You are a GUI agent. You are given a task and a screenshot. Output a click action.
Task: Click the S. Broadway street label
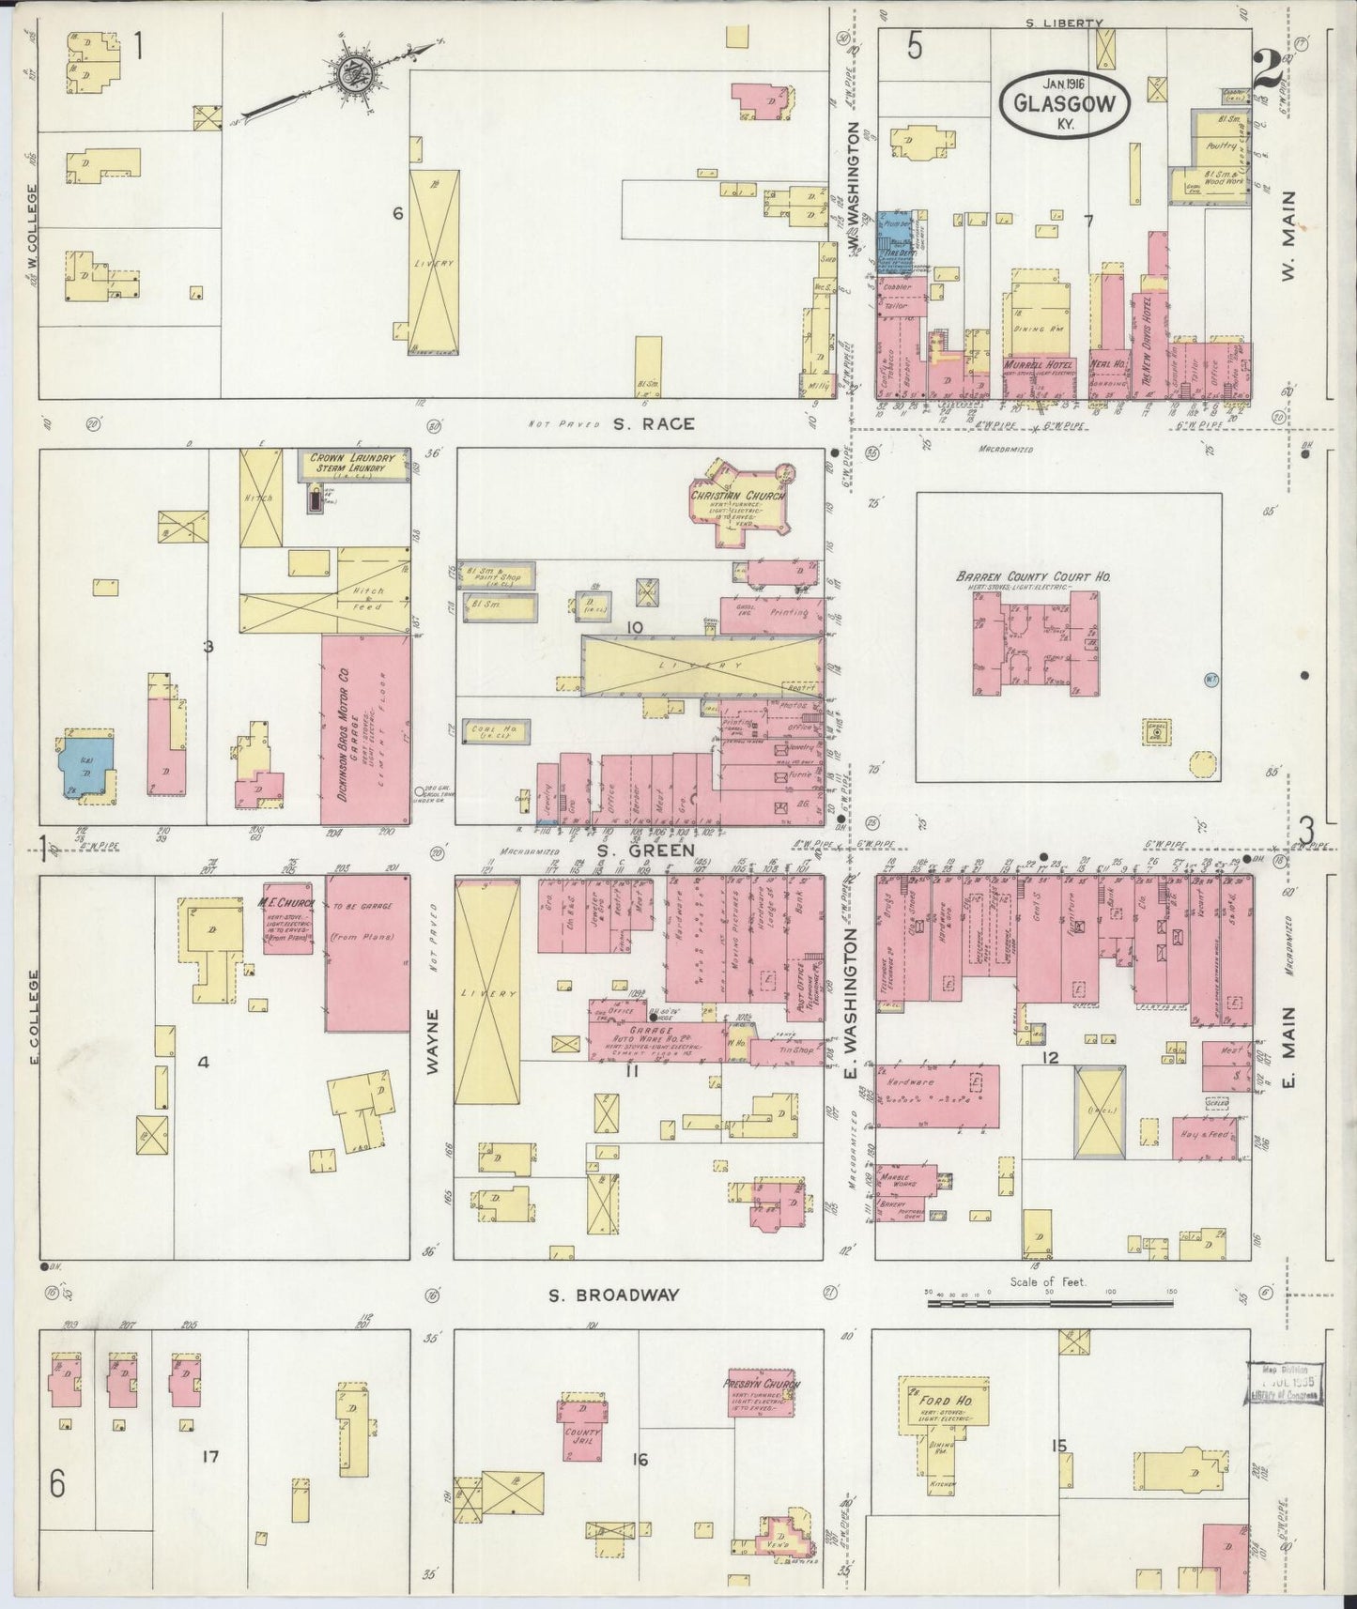coord(613,1295)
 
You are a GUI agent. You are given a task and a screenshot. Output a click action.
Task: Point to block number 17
coord(209,1457)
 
